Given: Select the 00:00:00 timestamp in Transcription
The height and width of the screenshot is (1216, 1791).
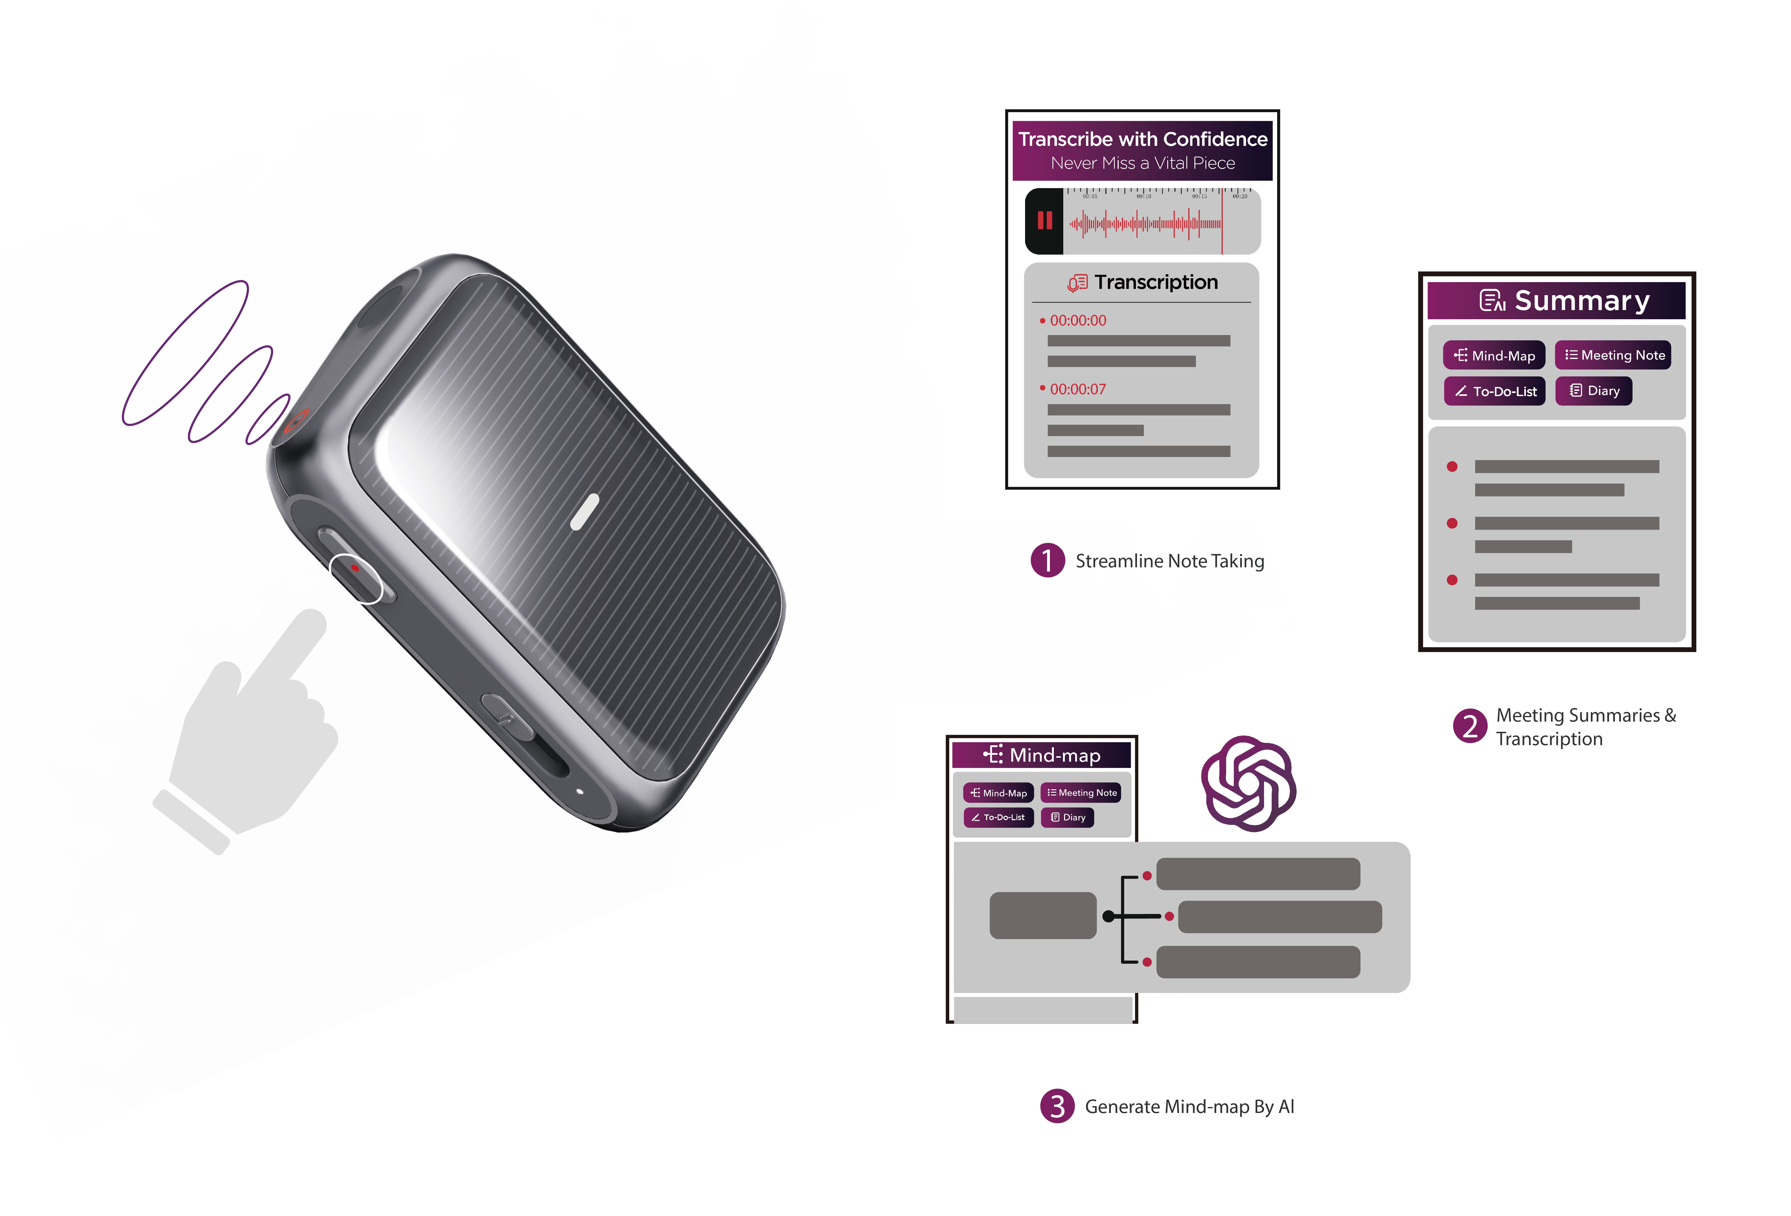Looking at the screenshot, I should coord(1077,321).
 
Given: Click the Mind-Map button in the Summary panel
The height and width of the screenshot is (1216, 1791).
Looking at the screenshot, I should coord(1493,355).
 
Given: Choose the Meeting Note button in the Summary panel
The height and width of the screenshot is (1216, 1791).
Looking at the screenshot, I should coord(1613,355).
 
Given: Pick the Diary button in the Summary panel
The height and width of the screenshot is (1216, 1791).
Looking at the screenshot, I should coord(1594,391).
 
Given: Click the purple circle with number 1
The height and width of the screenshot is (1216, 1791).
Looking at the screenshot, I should coord(1047,560).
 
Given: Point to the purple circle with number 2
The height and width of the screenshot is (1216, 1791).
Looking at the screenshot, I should coord(1470,726).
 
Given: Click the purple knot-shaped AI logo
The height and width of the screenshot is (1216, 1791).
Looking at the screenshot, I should coord(1248,784).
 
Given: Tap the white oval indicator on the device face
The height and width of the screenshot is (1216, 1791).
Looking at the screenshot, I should coord(585,512).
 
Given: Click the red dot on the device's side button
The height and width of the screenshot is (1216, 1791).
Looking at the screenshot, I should coord(355,568).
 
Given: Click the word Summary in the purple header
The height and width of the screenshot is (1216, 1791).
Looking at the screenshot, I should coord(1581,300).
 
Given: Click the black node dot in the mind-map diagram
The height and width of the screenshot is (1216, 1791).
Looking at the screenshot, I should coord(1108,916).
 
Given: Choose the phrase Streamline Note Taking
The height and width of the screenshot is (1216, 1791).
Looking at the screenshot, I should coord(1169,561).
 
